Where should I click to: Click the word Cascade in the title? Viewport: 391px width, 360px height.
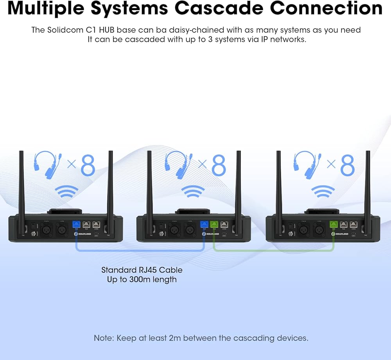coord(233,9)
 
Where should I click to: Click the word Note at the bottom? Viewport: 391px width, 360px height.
coord(105,338)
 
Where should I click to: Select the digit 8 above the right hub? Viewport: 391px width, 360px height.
coord(348,166)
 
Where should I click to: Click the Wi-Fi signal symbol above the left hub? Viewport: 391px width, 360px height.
coord(66,192)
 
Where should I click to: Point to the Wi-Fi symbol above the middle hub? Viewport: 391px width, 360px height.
coord(193,192)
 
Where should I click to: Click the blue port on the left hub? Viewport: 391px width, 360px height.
coord(77,225)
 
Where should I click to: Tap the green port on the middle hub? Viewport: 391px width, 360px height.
coord(214,225)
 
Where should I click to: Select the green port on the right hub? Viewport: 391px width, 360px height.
coord(333,225)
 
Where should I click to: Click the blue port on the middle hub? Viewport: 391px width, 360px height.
coord(204,225)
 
